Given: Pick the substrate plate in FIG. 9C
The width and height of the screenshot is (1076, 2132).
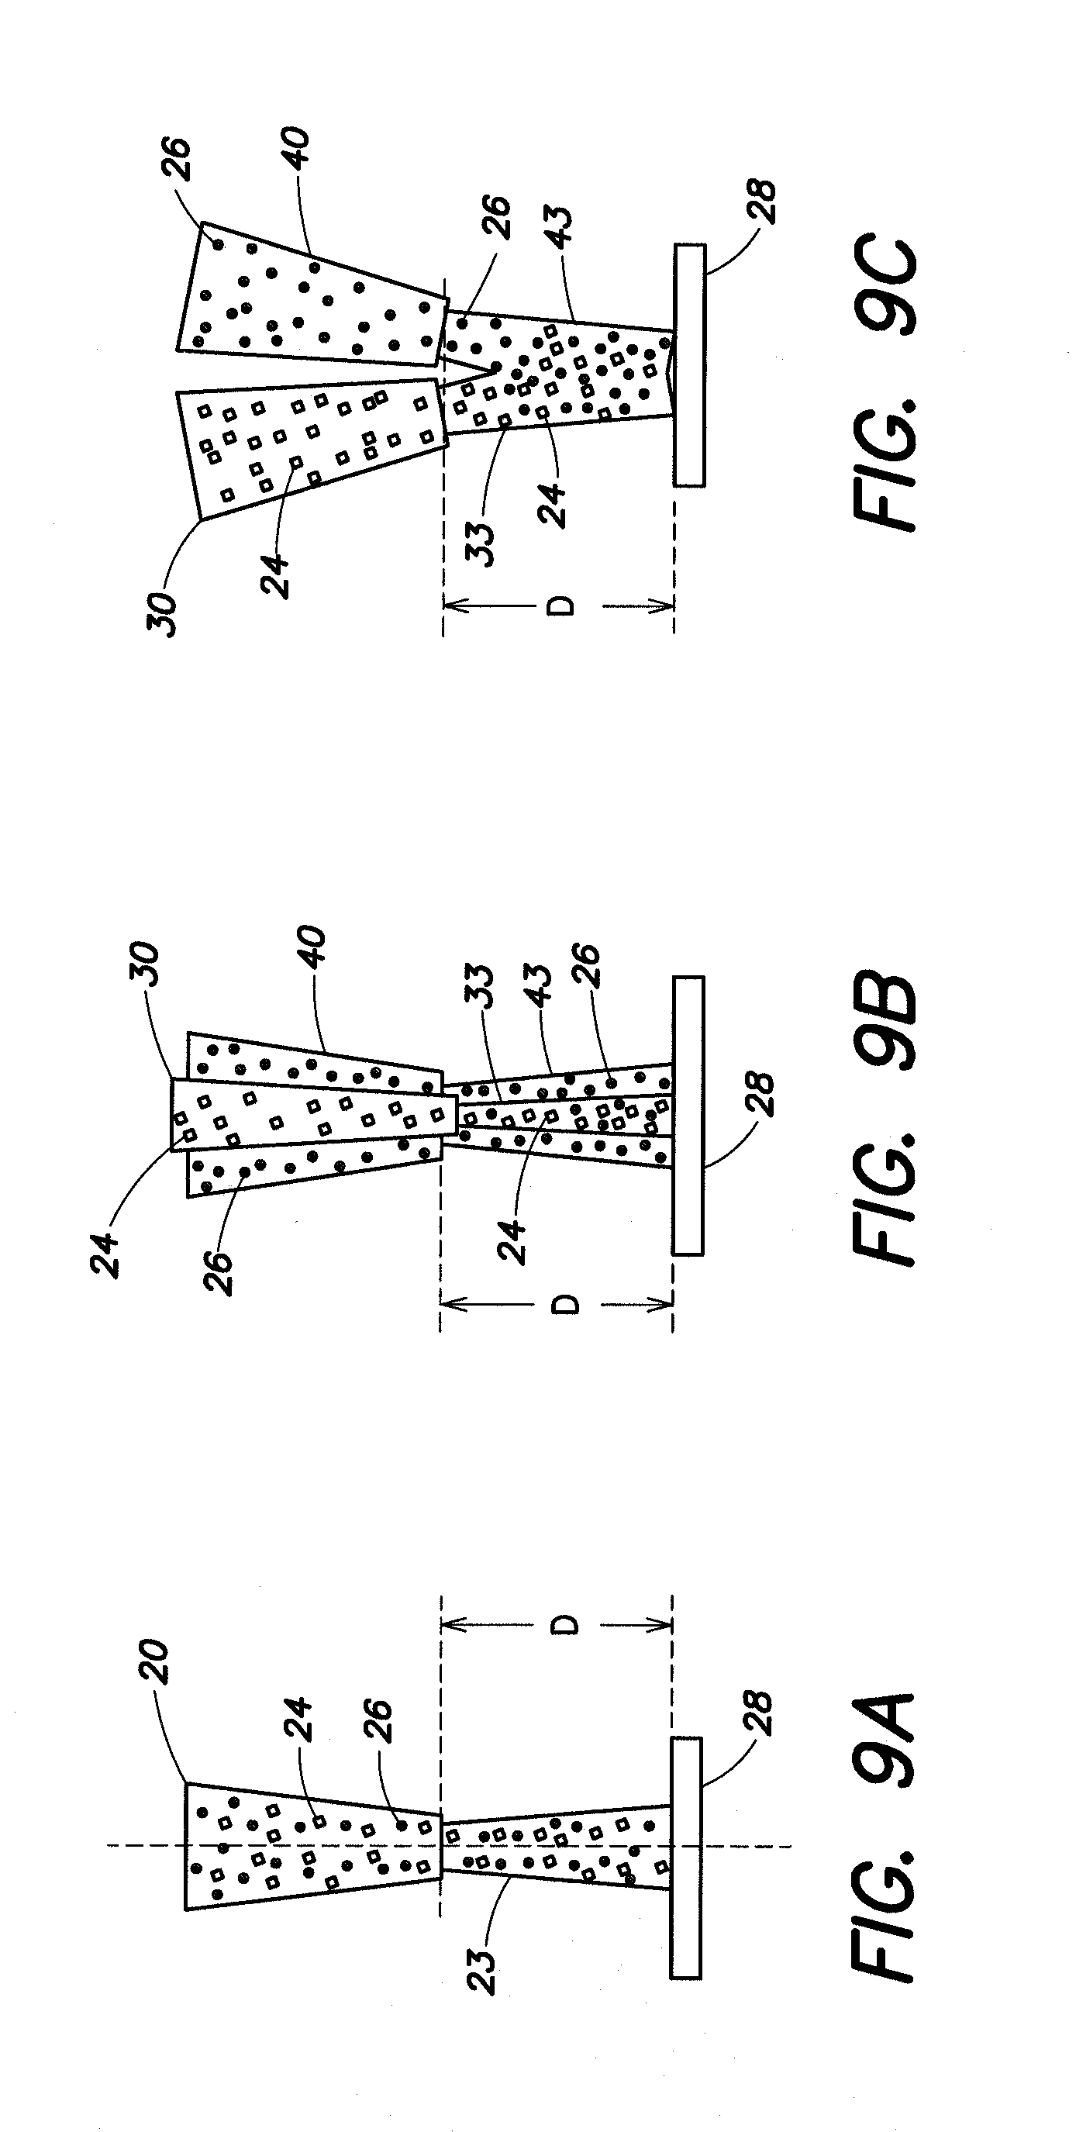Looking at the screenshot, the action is coord(689,364).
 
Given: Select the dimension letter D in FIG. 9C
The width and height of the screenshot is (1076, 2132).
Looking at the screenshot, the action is coord(562,607).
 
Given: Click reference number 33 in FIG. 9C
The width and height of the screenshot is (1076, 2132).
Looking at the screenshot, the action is coord(481,542).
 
